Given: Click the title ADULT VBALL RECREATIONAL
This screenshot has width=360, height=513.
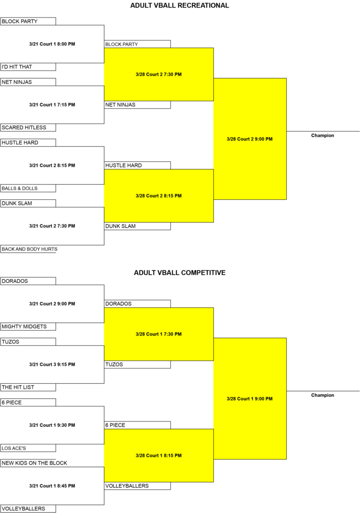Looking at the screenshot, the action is pyautogui.click(x=180, y=6).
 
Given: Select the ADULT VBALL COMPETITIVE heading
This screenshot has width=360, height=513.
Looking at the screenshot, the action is pyautogui.click(x=180, y=273).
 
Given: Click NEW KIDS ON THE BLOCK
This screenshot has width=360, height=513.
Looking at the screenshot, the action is pyautogui.click(x=35, y=463).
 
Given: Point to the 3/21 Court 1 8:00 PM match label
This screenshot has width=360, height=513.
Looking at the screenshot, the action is pyautogui.click(x=52, y=44).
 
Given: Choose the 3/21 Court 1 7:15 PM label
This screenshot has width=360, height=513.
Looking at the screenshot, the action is pyautogui.click(x=52, y=105).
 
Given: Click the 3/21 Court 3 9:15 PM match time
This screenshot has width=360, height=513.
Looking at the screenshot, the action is pyautogui.click(x=52, y=365).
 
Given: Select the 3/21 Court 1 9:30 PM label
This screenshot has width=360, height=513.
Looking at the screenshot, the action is pyautogui.click(x=52, y=425).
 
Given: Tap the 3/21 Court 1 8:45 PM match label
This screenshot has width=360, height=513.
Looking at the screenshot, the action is pyautogui.click(x=52, y=486).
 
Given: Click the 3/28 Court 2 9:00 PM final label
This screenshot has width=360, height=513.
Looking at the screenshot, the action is pyautogui.click(x=249, y=139).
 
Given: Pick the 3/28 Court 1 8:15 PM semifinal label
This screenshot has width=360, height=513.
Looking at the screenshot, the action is pyautogui.click(x=159, y=455).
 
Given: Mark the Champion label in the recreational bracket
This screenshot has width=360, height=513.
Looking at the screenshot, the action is pyautogui.click(x=323, y=135).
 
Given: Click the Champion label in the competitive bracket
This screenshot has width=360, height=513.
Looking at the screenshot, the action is pyautogui.click(x=323, y=395).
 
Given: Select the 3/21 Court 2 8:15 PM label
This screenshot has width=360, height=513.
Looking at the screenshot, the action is pyautogui.click(x=52, y=165).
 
